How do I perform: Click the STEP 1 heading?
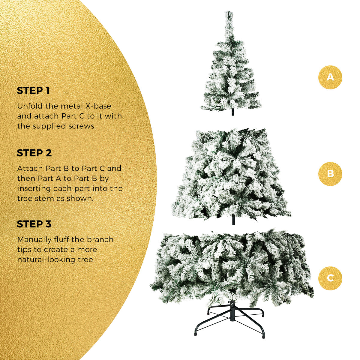pyautogui.click(x=33, y=91)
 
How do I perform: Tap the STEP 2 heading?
pyautogui.click(x=34, y=153)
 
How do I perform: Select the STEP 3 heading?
pyautogui.click(x=34, y=224)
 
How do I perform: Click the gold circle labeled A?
pyautogui.click(x=330, y=77)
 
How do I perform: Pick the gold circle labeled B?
pyautogui.click(x=330, y=174)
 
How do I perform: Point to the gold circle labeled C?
pyautogui.click(x=330, y=278)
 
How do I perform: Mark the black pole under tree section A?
pyautogui.click(x=232, y=112)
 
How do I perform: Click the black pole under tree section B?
pyautogui.click(x=233, y=220)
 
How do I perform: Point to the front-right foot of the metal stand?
pyautogui.click(x=263, y=335)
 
